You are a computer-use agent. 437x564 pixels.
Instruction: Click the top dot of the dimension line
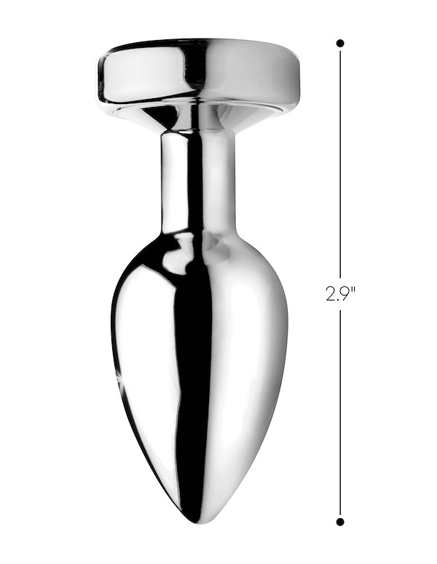point(340,44)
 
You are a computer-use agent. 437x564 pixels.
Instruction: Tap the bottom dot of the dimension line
point(340,522)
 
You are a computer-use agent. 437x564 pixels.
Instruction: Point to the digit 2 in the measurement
point(330,294)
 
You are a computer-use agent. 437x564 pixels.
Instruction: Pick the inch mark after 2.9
point(353,289)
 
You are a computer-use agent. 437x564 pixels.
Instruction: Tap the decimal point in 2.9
point(337,300)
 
